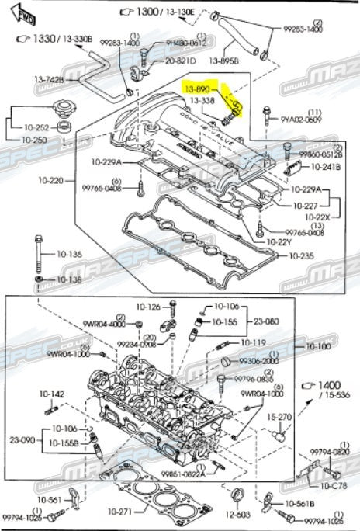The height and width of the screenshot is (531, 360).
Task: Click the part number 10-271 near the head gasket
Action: (x=122, y=512)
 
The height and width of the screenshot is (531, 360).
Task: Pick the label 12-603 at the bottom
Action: (x=239, y=513)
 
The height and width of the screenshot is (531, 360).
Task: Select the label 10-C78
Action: (x=334, y=485)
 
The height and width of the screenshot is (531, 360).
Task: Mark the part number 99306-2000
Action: (x=258, y=361)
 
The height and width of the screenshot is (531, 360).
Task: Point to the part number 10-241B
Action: (x=327, y=166)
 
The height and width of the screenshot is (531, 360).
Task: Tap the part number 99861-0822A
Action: (x=182, y=474)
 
